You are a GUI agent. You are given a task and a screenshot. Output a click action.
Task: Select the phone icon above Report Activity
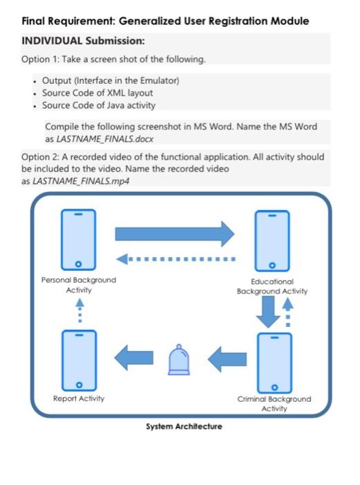point(78,360)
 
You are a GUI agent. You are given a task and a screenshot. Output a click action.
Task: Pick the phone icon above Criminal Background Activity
point(274,362)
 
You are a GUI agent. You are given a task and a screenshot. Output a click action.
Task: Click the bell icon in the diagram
point(178,360)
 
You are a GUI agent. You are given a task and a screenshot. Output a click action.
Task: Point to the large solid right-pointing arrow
point(174,233)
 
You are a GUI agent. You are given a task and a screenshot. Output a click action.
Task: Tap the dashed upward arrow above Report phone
point(78,311)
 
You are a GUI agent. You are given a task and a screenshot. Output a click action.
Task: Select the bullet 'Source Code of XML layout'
point(98,93)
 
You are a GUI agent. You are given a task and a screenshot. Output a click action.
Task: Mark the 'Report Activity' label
point(78,398)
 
